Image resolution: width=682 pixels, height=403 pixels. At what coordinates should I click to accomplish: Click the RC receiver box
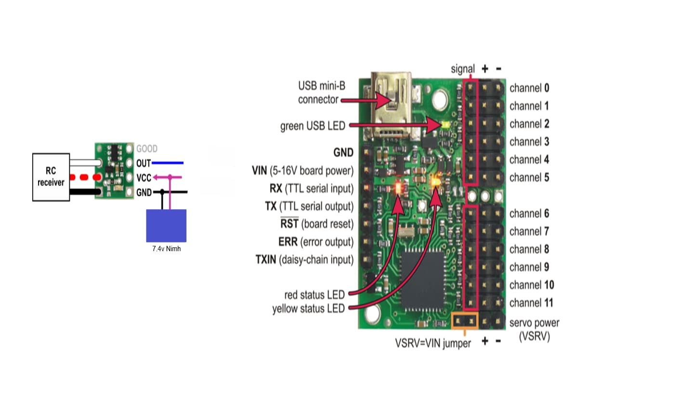51,177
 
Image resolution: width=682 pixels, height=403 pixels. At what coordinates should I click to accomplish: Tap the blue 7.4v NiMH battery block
166,225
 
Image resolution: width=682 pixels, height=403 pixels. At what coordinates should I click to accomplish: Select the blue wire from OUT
168,163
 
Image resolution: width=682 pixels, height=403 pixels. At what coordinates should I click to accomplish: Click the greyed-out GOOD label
147,149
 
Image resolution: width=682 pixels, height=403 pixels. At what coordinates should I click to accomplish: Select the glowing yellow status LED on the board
436,182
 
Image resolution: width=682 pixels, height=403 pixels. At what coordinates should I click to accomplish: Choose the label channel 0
529,88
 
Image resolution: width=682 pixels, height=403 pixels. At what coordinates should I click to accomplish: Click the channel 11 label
531,303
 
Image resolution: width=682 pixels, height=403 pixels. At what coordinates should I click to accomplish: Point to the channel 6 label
529,214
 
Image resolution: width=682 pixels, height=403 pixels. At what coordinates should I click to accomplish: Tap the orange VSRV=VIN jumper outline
465,320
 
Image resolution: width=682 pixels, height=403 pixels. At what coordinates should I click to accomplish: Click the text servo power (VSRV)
534,330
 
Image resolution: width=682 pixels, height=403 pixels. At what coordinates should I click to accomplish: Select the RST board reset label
316,224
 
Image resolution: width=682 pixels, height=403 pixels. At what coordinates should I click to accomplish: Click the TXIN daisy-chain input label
304,260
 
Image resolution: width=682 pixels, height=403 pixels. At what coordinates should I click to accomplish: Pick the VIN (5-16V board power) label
302,171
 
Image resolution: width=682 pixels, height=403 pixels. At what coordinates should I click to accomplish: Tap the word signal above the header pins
462,69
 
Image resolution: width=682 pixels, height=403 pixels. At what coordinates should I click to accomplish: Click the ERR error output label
316,242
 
